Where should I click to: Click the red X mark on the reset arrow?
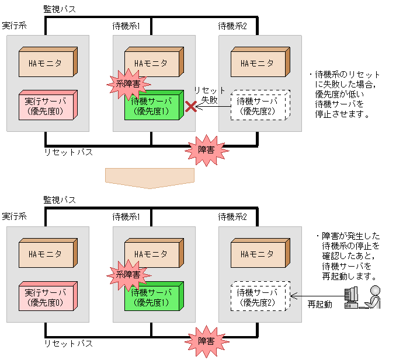[x=191, y=106]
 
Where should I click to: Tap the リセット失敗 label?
[x=210, y=95]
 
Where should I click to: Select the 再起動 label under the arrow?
[x=320, y=304]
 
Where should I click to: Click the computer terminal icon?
[x=351, y=297]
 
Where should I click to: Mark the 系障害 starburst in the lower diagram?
[x=124, y=274]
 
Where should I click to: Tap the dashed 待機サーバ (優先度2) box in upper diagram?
[x=259, y=106]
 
